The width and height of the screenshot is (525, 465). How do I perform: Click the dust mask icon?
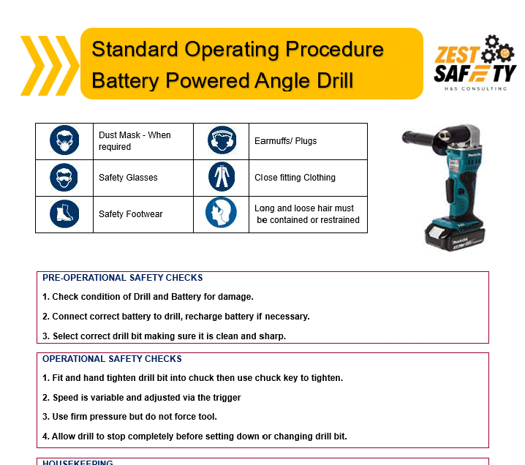click(x=64, y=140)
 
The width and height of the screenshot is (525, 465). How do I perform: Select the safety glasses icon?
click(x=64, y=178)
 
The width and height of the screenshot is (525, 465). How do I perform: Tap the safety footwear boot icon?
click(x=64, y=213)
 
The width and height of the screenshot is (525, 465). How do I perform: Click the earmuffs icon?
click(x=222, y=140)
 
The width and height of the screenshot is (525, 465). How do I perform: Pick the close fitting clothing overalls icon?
click(x=222, y=176)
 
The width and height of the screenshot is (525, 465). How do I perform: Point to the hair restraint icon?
click(x=221, y=213)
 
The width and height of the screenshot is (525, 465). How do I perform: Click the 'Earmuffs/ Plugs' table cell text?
click(x=286, y=141)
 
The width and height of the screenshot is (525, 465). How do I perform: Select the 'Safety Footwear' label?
click(x=131, y=214)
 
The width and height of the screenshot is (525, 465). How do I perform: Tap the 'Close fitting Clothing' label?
click(x=295, y=178)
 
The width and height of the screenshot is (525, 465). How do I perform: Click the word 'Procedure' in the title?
click(x=334, y=50)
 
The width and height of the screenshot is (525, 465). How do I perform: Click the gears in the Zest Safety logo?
click(x=497, y=49)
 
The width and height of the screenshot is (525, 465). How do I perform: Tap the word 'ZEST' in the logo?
click(x=457, y=55)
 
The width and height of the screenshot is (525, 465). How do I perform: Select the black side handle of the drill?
click(x=421, y=139)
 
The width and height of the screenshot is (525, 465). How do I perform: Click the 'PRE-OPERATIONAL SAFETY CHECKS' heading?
click(x=123, y=278)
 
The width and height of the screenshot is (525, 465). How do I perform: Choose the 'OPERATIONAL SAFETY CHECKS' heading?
click(x=112, y=359)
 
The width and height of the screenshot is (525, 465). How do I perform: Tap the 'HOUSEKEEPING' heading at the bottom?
click(x=78, y=462)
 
